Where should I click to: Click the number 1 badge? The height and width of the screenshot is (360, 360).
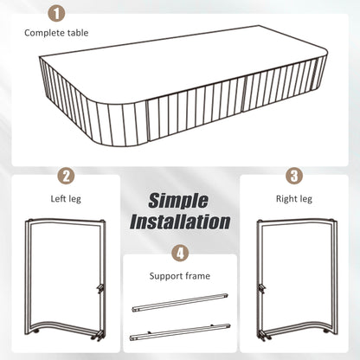click(57, 13)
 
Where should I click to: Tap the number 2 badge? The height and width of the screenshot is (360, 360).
click(66, 176)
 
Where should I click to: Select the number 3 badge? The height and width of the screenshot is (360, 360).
click(294, 176)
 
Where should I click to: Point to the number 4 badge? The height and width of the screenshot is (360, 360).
click(180, 254)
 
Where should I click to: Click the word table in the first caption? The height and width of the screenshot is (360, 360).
click(78, 33)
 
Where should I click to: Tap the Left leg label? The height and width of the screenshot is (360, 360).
click(66, 199)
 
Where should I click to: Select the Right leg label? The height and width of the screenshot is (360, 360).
click(294, 199)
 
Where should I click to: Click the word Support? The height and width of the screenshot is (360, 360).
click(166, 276)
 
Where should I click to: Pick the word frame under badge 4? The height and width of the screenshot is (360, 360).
click(198, 276)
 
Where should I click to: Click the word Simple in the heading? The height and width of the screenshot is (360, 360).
click(178, 201)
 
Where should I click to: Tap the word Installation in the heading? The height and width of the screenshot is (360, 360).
click(180, 222)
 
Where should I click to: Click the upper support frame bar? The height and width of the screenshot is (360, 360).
click(180, 303)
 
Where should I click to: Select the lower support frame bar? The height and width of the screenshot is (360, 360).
click(180, 332)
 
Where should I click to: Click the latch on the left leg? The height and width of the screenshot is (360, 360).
click(100, 288)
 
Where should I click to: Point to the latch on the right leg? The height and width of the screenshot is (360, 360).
click(262, 288)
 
